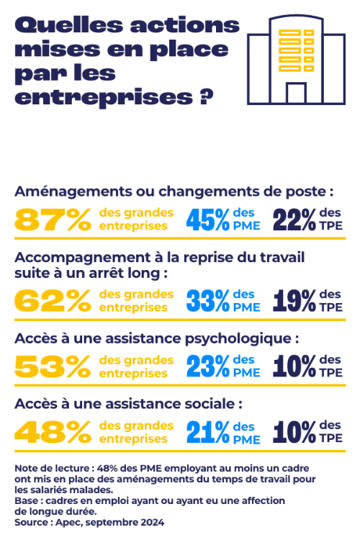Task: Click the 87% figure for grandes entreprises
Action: (53, 220)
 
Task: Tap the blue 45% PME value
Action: (208, 220)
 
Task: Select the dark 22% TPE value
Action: (294, 220)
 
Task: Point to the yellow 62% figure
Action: (53, 301)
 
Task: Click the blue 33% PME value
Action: (208, 301)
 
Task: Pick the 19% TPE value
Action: (294, 301)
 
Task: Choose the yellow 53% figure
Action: (53, 366)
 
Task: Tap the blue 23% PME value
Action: (208, 366)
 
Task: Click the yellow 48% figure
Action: (53, 432)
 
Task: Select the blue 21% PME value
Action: (208, 432)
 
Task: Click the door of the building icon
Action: (296, 93)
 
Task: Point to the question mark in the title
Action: (207, 97)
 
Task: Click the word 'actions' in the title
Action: (184, 25)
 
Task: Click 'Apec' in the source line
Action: (68, 523)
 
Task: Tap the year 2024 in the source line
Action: (153, 523)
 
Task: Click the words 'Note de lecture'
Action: (53, 469)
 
